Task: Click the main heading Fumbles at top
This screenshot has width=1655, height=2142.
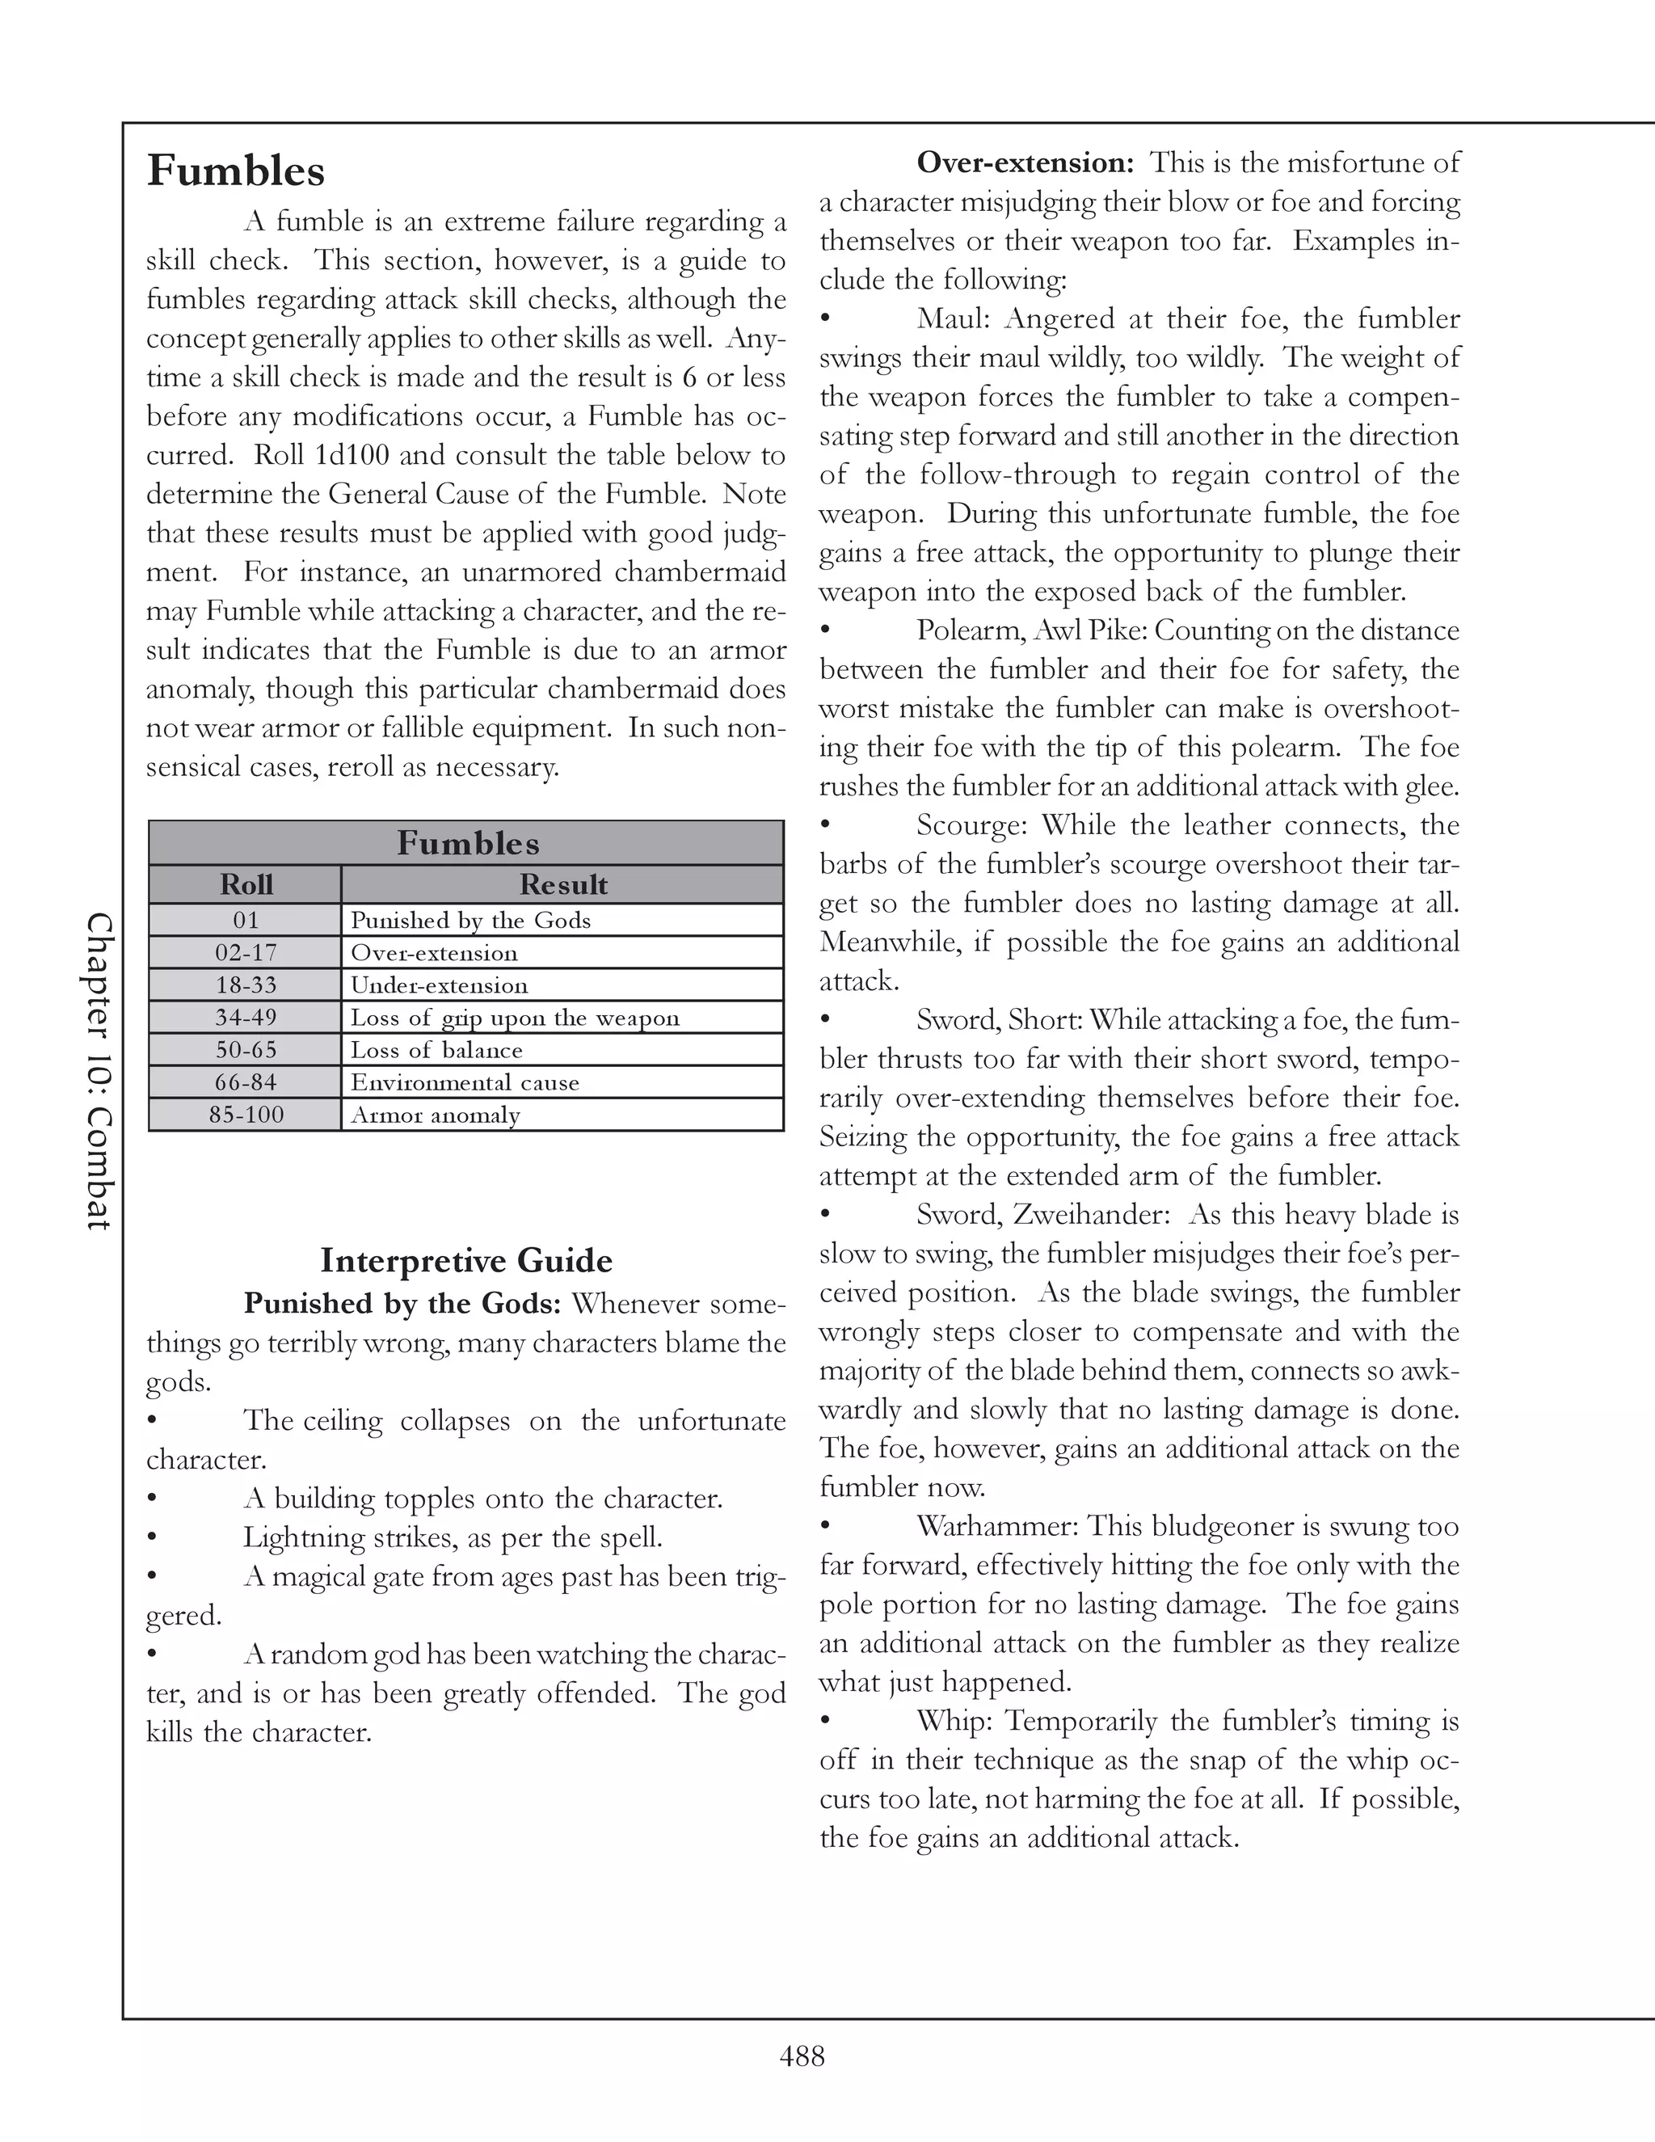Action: [235, 171]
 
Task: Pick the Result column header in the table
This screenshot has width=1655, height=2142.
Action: [562, 884]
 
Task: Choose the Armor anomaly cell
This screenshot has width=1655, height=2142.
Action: [436, 1115]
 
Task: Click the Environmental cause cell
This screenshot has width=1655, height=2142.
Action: [465, 1083]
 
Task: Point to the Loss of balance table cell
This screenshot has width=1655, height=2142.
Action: [436, 1051]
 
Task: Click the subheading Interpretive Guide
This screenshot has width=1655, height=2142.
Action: [465, 1260]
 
